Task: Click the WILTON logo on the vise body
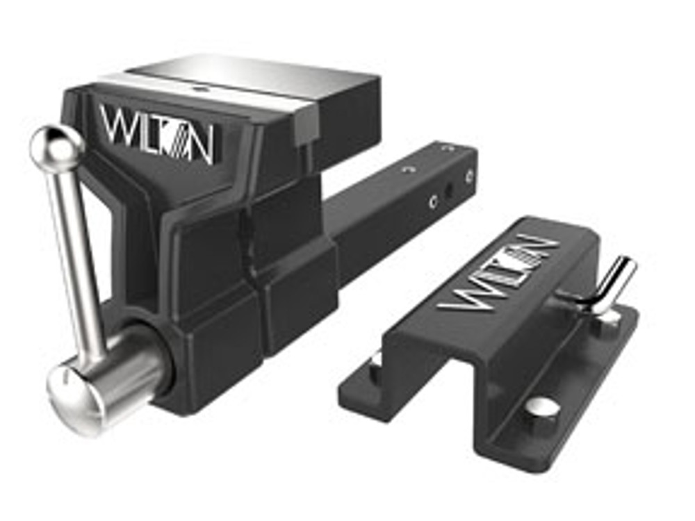156,133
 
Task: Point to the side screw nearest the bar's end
469,175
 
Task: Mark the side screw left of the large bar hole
433,201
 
